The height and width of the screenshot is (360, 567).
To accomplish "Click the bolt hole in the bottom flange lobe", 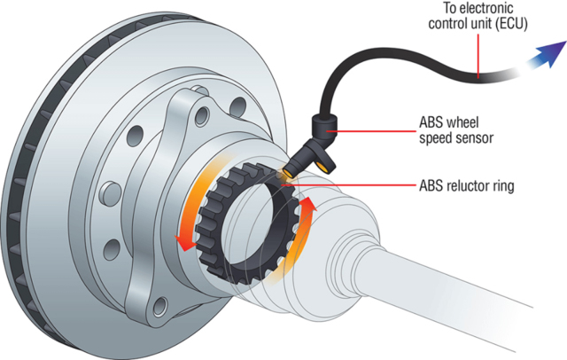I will (159, 307).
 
